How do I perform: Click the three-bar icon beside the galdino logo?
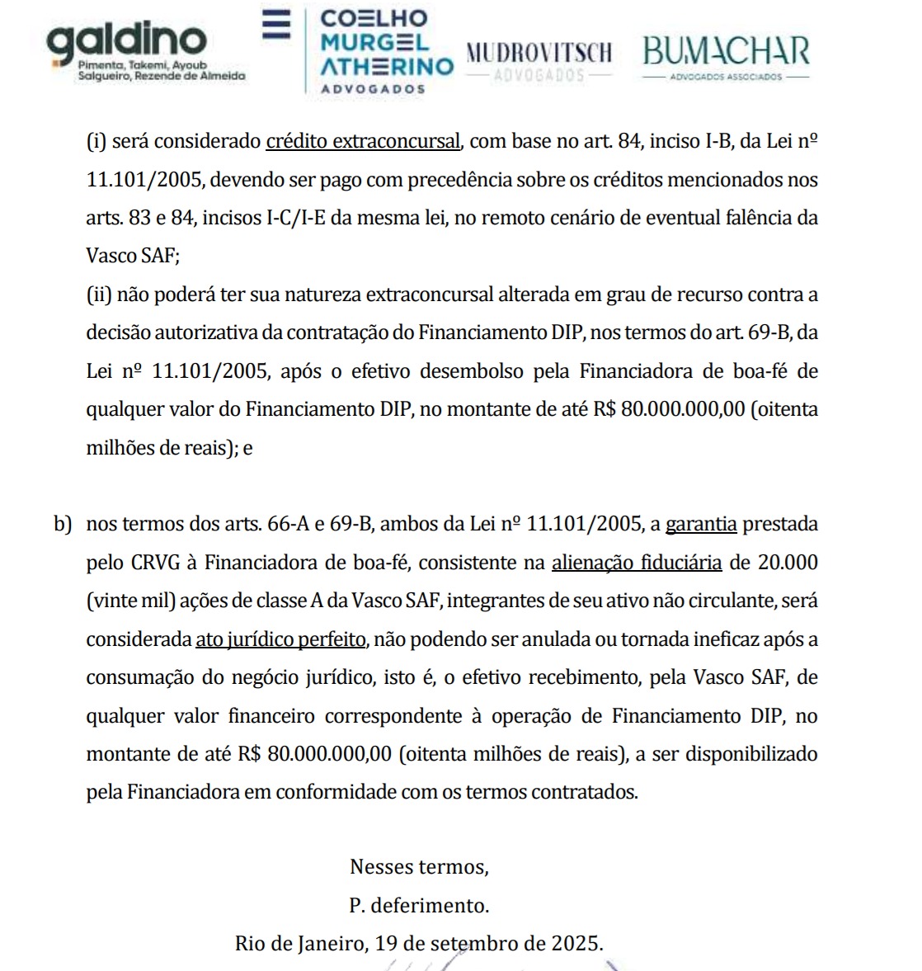coord(276,25)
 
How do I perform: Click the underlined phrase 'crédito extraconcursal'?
coord(363,141)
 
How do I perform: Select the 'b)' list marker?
coord(63,524)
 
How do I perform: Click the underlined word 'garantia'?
coord(701,524)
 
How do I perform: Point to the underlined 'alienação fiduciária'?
coord(637,563)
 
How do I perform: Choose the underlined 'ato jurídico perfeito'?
coord(280,639)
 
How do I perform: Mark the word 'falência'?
coord(761,218)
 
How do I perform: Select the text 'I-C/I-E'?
coord(295,218)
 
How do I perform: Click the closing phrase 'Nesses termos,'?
coord(419,867)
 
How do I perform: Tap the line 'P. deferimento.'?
coord(419,905)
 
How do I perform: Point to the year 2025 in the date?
coord(576,943)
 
